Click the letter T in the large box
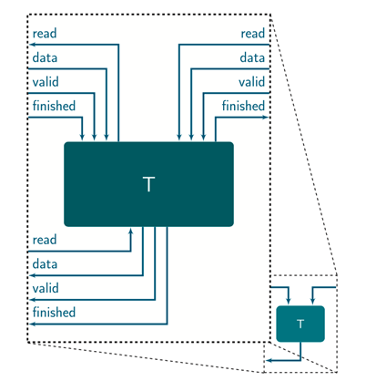pyautogui.click(x=148, y=184)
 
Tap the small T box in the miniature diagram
pyautogui.click(x=300, y=323)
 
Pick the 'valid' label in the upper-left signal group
pyautogui.click(x=46, y=82)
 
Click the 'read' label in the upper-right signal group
pyautogui.click(x=252, y=35)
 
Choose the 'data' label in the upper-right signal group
pyautogui.click(x=252, y=58)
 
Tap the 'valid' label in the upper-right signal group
pyautogui.click(x=251, y=82)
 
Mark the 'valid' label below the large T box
pyautogui.click(x=46, y=288)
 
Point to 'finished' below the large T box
pyautogui.click(x=53, y=313)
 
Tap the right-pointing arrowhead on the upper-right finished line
pyautogui.click(x=266, y=116)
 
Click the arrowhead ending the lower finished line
pyautogui.click(x=32, y=323)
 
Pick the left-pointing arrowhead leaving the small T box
pyautogui.click(x=269, y=361)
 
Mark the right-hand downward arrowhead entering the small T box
pyautogui.click(x=312, y=304)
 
